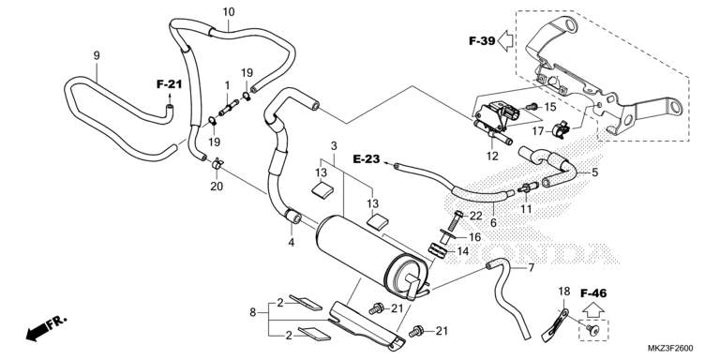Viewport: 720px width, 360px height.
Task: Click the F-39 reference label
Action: point(482,41)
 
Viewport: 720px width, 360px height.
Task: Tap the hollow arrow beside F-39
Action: point(506,39)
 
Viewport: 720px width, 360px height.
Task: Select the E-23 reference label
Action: point(367,159)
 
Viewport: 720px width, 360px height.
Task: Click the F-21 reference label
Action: point(169,84)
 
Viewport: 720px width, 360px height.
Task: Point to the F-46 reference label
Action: point(593,292)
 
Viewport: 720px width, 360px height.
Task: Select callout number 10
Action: point(229,11)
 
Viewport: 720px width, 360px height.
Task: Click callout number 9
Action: point(97,55)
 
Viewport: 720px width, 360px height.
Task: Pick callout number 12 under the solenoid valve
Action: point(492,157)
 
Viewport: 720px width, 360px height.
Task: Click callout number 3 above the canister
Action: point(334,146)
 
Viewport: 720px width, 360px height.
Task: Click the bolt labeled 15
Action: point(532,107)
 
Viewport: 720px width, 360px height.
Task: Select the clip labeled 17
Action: point(560,129)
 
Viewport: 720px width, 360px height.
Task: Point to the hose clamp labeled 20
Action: point(217,166)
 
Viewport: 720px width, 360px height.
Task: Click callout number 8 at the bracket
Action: point(252,313)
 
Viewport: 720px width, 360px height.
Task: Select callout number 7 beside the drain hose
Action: point(532,267)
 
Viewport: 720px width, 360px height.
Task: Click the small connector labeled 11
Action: point(528,188)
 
